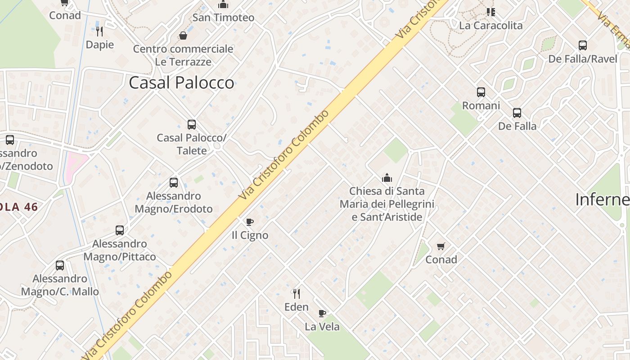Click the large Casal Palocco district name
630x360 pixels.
[181, 82]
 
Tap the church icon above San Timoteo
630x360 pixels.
[223, 5]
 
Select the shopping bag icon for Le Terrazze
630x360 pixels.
[183, 35]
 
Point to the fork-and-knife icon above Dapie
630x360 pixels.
[99, 31]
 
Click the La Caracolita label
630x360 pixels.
[490, 25]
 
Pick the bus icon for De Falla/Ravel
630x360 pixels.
[583, 45]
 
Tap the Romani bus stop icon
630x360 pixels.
[481, 92]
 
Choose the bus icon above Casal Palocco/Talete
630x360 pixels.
[192, 124]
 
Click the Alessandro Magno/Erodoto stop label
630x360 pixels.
[174, 202]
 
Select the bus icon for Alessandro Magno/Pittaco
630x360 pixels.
[120, 230]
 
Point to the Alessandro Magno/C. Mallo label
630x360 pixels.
[60, 285]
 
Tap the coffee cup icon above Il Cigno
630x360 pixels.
[250, 222]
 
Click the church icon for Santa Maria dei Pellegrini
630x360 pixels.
[387, 178]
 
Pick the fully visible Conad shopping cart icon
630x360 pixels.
[441, 246]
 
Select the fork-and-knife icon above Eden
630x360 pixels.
[297, 294]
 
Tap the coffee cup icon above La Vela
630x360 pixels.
[322, 313]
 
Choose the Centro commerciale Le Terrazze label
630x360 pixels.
[183, 55]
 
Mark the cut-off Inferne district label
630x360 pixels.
[602, 199]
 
